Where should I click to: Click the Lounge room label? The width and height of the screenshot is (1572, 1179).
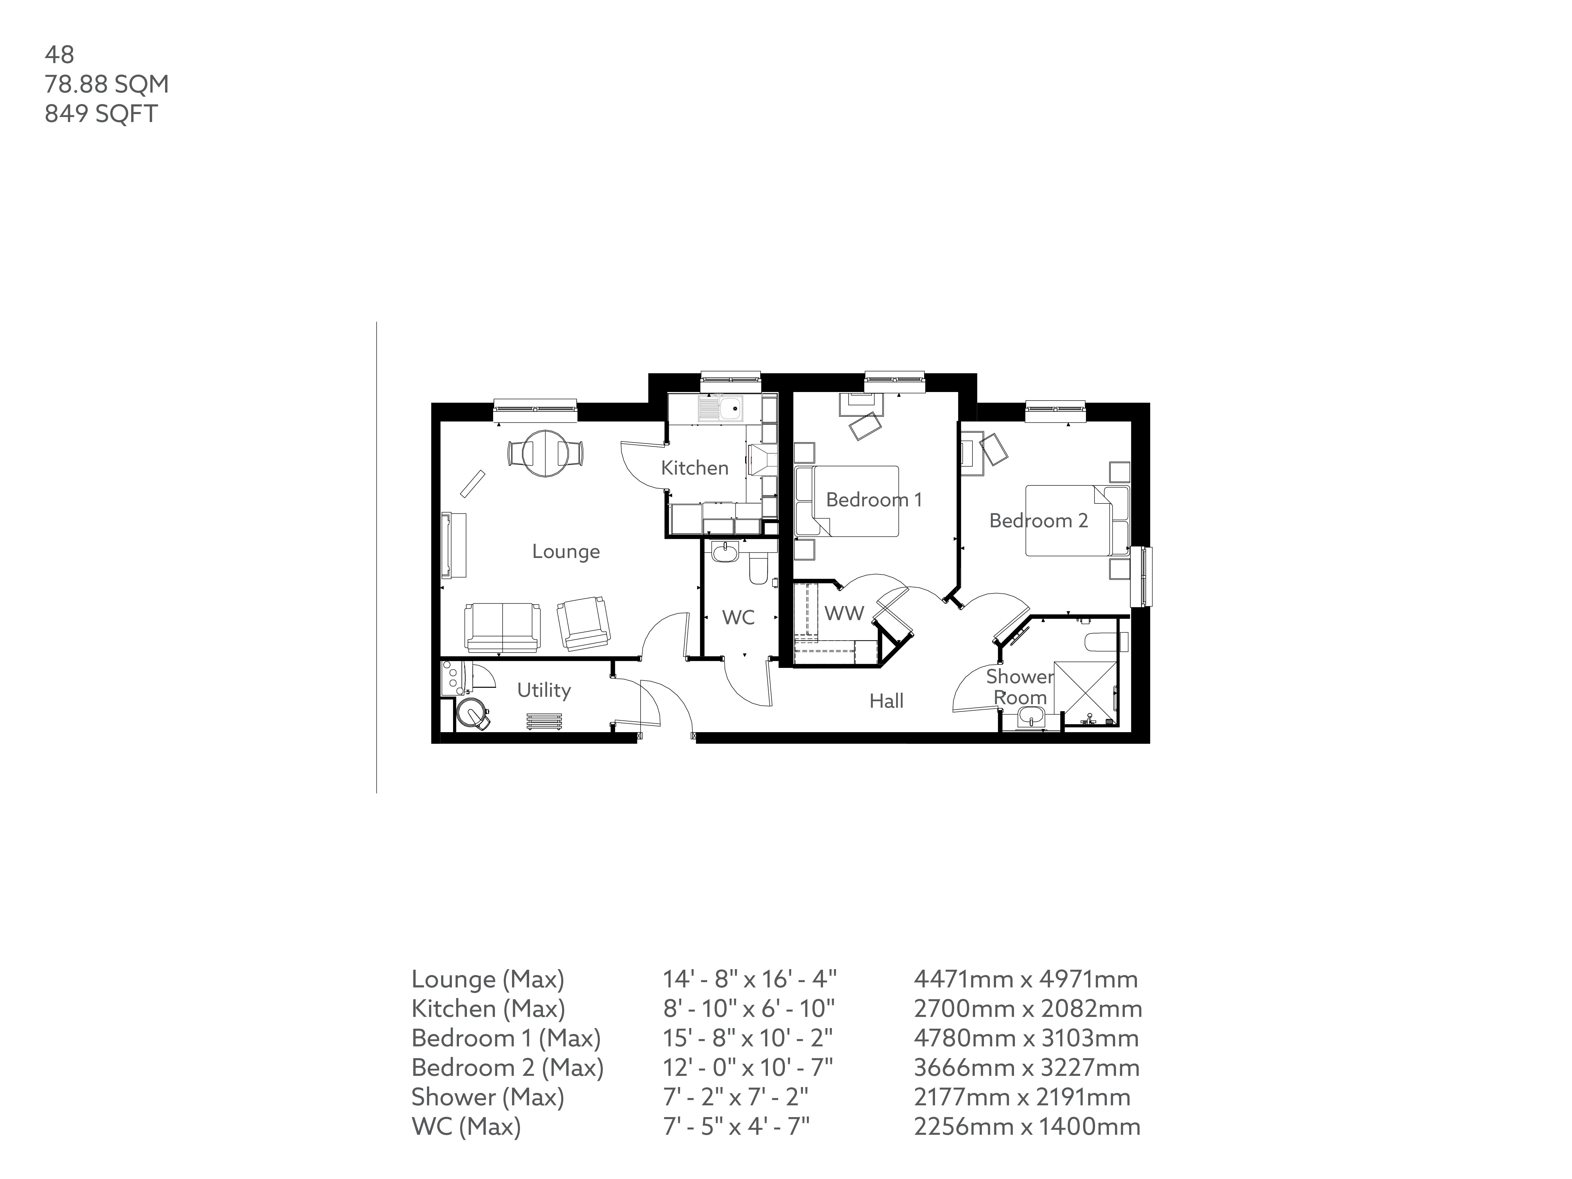tap(566, 551)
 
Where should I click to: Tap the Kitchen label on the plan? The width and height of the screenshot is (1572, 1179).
tap(694, 467)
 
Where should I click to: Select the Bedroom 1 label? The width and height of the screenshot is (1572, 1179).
tap(873, 500)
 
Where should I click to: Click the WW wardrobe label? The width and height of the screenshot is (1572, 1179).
tap(844, 613)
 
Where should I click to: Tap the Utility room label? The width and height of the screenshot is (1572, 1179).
tap(544, 690)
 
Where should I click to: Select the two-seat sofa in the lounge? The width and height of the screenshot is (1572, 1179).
tap(503, 627)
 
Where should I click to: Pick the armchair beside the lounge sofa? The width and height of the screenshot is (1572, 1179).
tap(583, 623)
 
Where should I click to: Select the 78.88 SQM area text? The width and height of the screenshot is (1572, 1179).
tap(107, 84)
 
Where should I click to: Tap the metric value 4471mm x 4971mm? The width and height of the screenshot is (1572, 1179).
tap(1025, 979)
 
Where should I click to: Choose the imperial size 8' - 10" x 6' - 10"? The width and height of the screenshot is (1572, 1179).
tap(748, 1008)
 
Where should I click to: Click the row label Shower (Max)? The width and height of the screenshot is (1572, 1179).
tap(488, 1097)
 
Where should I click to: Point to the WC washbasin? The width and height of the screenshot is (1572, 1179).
tap(724, 551)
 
